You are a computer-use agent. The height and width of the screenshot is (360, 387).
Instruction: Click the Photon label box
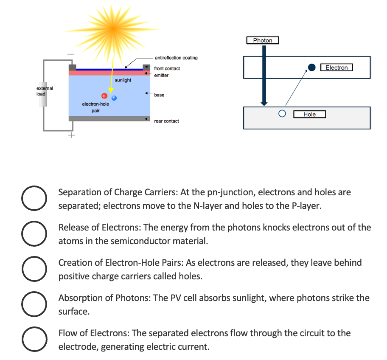[262, 40]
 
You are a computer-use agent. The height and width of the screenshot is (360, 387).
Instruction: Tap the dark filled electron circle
[312, 67]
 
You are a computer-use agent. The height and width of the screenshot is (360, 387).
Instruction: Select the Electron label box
[336, 67]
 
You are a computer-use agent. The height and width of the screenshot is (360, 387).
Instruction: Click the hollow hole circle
[282, 114]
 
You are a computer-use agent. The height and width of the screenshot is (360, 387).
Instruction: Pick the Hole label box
[309, 114]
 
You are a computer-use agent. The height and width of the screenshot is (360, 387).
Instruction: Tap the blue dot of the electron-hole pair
[114, 98]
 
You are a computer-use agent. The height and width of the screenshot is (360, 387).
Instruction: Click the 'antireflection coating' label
[176, 58]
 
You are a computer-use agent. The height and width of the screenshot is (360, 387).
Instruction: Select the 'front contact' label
[167, 68]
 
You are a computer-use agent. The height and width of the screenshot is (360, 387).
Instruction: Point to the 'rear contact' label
[166, 121]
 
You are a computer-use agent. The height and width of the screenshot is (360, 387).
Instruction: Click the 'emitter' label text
[161, 75]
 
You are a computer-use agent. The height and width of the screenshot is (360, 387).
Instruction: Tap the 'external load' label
[44, 91]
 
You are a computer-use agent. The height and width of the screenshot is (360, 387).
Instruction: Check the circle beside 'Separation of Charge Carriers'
[34, 198]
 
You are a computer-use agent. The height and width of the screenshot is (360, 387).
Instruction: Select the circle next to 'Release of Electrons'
[34, 233]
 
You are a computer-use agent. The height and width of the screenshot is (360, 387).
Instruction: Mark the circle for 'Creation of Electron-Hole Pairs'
[34, 269]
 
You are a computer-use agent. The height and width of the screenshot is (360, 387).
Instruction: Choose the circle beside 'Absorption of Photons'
[34, 304]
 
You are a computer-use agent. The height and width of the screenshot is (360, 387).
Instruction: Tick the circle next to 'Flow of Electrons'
[34, 339]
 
